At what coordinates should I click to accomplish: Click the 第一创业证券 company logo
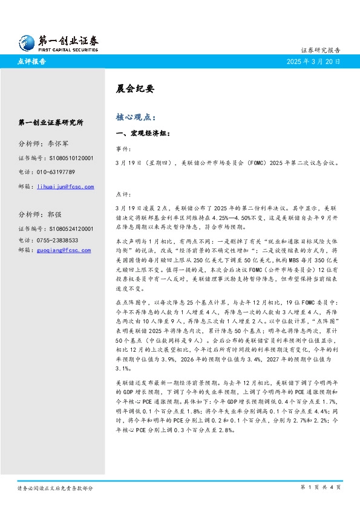click(x=58, y=42)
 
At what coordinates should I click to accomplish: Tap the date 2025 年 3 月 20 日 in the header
click(x=313, y=62)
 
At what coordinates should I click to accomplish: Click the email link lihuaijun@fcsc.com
click(x=65, y=187)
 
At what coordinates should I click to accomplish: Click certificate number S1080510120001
click(x=65, y=158)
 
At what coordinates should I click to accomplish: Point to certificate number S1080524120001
click(x=65, y=229)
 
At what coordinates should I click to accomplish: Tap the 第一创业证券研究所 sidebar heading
click(x=51, y=122)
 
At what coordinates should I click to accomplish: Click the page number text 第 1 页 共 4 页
click(x=321, y=487)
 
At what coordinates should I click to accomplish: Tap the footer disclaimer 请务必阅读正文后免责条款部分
click(x=55, y=487)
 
